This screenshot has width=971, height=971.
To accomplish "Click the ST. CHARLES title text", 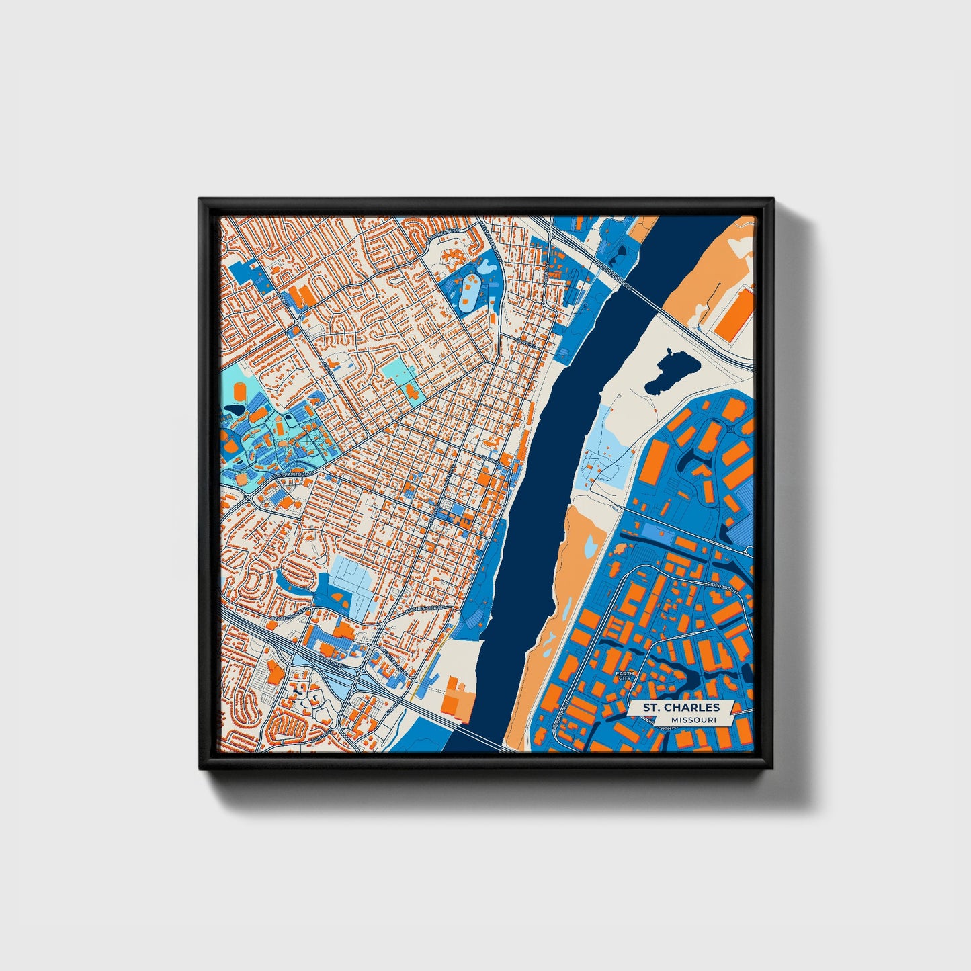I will [x=681, y=707].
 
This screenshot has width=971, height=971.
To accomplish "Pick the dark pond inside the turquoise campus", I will [x=235, y=409].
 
